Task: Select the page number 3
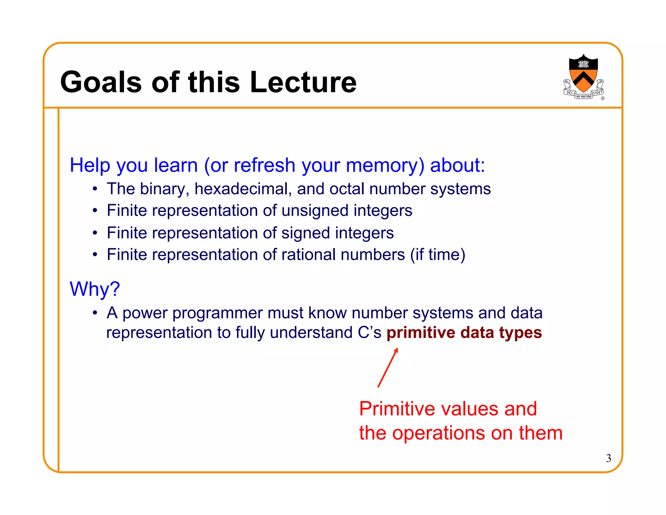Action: point(608,458)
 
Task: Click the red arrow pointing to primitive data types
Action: point(388,368)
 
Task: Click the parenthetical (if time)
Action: point(438,255)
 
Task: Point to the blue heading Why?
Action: point(95,289)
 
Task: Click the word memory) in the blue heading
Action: point(385,165)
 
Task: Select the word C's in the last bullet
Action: point(369,333)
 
